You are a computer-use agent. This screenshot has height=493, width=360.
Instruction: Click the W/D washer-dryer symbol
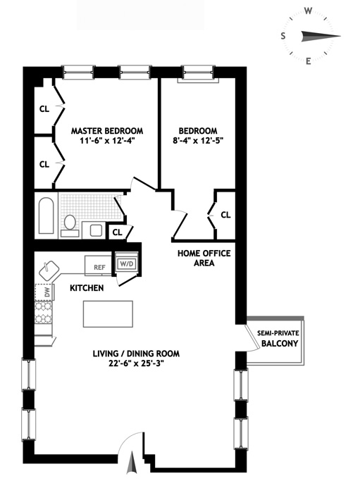pyautogui.click(x=126, y=263)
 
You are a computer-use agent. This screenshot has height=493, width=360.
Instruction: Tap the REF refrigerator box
pyautogui.click(x=98, y=266)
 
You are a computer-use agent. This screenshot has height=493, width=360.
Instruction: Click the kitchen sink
pyautogui.click(x=49, y=270)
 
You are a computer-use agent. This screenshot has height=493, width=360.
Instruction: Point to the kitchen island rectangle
pyautogui.click(x=108, y=314)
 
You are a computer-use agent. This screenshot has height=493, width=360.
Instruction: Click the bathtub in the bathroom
pyautogui.click(x=46, y=216)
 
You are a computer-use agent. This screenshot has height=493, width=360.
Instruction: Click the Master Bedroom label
pyautogui.click(x=107, y=130)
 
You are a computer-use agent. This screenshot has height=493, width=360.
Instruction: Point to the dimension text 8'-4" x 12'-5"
pyautogui.click(x=198, y=141)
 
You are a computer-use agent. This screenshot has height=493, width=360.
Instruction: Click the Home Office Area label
pyautogui.click(x=204, y=258)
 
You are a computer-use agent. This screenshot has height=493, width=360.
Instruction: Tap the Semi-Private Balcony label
pyautogui.click(x=278, y=338)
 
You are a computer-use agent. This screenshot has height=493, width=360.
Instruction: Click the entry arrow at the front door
pyautogui.click(x=132, y=463)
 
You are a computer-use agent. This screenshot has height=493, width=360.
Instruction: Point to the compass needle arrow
pyautogui.click(x=321, y=36)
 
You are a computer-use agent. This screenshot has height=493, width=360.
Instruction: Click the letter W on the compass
pyautogui.click(x=308, y=12)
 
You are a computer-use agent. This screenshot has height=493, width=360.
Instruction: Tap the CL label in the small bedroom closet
pyautogui.click(x=225, y=215)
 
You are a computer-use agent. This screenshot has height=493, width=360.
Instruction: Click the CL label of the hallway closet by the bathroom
pyautogui.click(x=117, y=232)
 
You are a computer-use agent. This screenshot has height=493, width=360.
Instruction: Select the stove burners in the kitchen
pyautogui.click(x=43, y=312)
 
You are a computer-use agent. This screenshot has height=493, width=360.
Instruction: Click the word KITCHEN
pyautogui.click(x=87, y=288)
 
